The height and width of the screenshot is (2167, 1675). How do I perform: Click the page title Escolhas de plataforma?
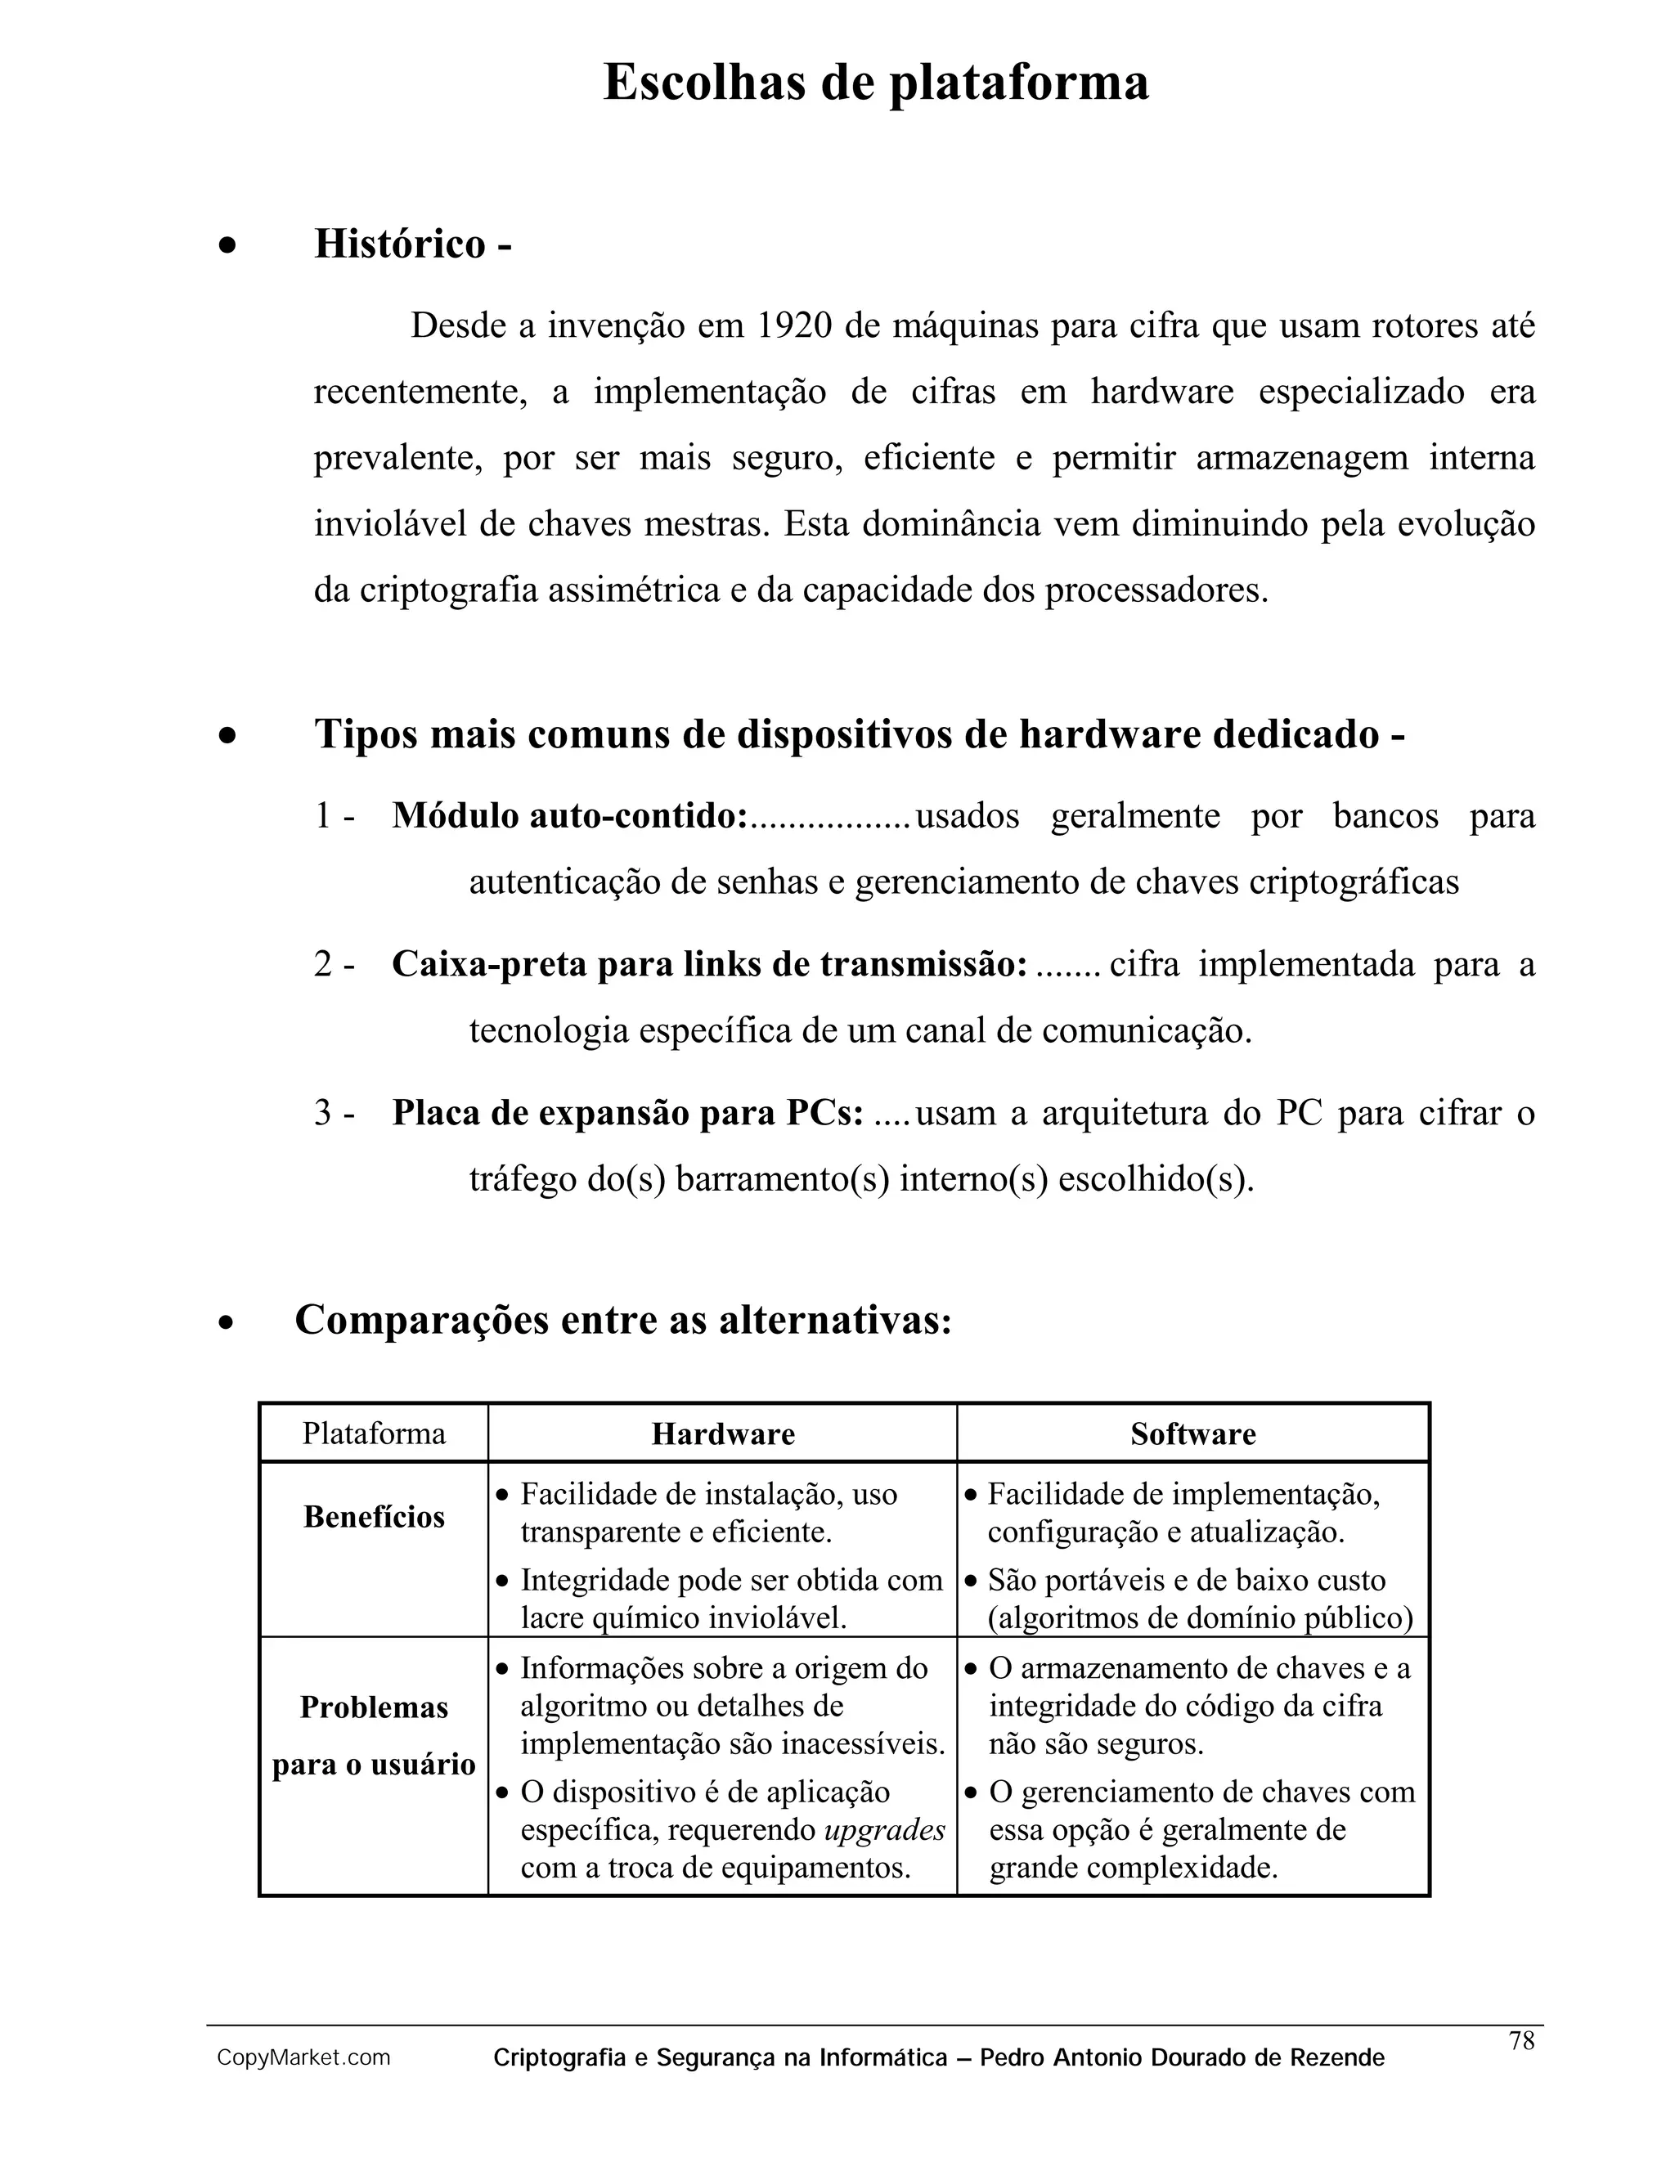(875, 83)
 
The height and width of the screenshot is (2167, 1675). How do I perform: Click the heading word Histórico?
(400, 244)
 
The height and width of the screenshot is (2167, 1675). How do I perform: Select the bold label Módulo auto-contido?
(569, 815)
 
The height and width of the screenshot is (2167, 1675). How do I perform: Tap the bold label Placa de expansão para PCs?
(627, 1112)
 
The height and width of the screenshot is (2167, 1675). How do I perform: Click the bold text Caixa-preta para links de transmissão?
(708, 963)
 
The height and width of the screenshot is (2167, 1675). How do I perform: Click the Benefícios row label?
(374, 1516)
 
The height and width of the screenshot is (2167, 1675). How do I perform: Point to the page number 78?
(1521, 2041)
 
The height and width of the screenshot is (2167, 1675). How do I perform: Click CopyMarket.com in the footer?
(303, 2058)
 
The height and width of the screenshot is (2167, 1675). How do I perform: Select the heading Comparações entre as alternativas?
(622, 1320)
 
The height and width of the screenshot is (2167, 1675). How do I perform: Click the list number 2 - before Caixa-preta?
(335, 963)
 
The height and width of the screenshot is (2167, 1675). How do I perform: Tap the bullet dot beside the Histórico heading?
(228, 245)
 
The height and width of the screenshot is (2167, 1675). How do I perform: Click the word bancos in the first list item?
(1385, 815)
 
